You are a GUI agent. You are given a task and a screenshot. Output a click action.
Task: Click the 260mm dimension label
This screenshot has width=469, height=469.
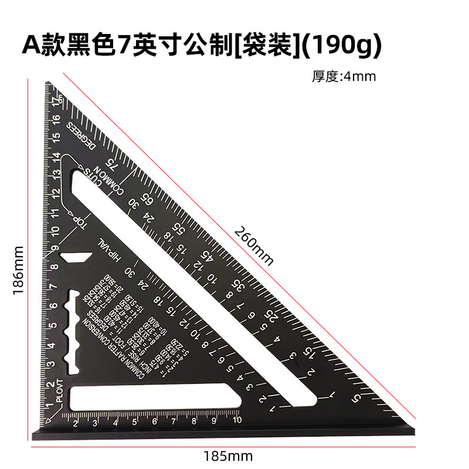click(x=254, y=245)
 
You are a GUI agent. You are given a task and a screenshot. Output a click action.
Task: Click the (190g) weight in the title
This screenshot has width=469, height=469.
click(x=345, y=45)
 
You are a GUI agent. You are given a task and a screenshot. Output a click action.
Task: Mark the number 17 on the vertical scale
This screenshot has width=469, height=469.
click(x=56, y=103)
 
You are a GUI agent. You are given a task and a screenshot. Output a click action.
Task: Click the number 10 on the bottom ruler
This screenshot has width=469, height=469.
click(x=236, y=420)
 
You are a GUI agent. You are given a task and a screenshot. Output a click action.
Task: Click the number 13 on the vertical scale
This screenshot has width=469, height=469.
click(x=57, y=174)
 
